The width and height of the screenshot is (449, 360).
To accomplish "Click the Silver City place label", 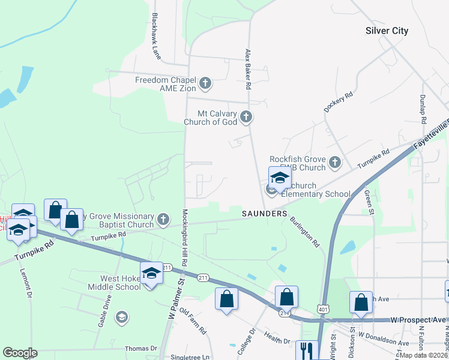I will tap(387, 31).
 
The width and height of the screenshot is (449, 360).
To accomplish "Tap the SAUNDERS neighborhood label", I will tap(265, 214).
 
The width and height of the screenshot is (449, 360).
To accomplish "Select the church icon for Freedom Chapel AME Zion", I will tap(205, 83).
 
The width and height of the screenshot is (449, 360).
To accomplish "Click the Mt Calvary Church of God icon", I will tap(246, 116).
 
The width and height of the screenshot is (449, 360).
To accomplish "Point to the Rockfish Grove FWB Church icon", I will tap(334, 161).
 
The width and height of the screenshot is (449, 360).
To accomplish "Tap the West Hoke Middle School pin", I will tap(151, 274).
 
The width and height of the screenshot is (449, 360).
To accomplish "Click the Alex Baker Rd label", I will tap(247, 70).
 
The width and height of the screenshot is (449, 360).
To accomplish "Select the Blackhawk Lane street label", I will tap(157, 37).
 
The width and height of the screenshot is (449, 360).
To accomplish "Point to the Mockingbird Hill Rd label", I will tap(185, 238).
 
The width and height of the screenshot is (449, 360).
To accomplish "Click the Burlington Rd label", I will tap(305, 232).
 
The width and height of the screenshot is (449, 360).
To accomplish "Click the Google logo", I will tap(20, 353).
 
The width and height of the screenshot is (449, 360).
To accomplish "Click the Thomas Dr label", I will tap(140, 348).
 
